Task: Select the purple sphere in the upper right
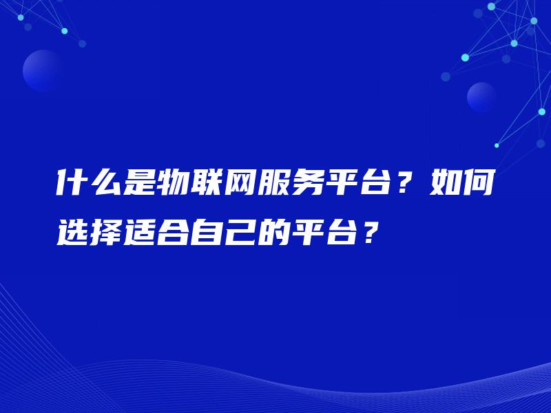pos(481,97)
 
